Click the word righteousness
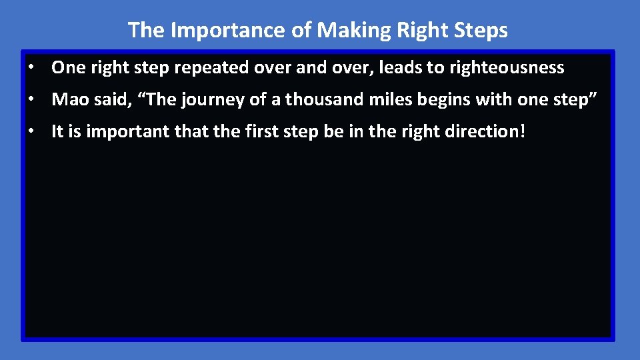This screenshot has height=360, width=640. [507, 68]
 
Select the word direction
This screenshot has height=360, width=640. [481, 132]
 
